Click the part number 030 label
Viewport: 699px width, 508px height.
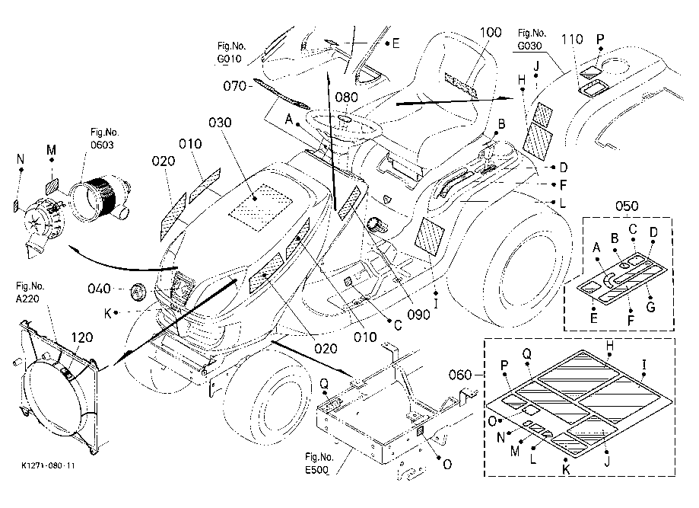pos(221,123)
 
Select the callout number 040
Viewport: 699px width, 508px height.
pos(99,289)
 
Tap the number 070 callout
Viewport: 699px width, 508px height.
pos(234,85)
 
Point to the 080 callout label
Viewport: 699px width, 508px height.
pos(346,97)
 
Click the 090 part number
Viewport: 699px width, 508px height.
pos(419,315)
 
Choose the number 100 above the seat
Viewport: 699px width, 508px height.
pos(491,32)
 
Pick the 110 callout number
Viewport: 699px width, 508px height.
pos(573,40)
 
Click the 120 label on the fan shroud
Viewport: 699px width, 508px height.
pos(82,337)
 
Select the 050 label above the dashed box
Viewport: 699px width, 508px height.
pos(627,206)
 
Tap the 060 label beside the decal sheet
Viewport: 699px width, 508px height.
pos(460,375)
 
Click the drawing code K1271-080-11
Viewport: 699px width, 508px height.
pos(48,465)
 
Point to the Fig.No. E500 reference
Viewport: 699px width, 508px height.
pos(319,463)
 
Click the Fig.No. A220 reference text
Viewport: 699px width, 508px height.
pos(30,292)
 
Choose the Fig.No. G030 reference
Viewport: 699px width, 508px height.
pos(532,40)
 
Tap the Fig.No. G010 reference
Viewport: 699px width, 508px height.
pos(232,53)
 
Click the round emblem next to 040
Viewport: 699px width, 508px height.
pos(138,292)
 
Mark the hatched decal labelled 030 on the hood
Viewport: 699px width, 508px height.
pos(261,207)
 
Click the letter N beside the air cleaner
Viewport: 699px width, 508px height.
pos(20,159)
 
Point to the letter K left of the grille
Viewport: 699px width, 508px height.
pos(108,313)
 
